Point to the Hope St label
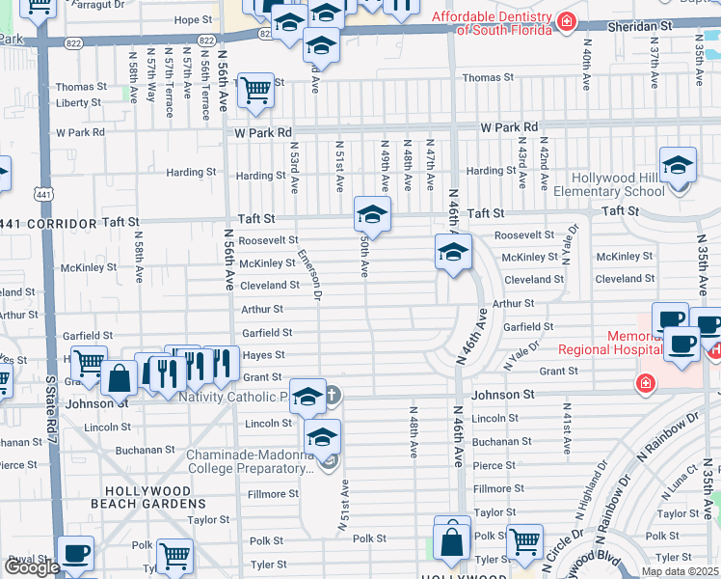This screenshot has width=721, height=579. pos(193,19)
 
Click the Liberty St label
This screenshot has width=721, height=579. pos(79,102)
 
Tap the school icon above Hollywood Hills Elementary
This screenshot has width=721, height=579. pos(678,165)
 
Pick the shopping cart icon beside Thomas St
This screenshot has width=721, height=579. pos(254,91)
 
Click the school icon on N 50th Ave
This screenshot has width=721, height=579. pos(372,213)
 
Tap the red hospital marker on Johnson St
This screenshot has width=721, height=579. pos(643,384)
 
